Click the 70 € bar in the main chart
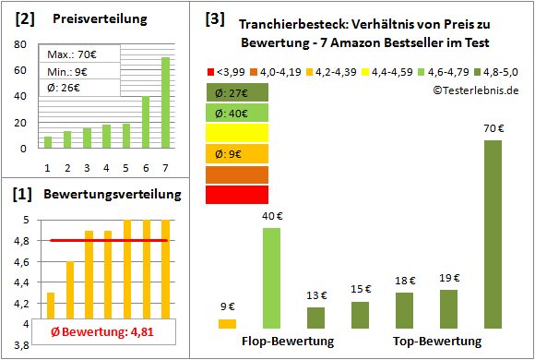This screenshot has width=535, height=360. [493, 234]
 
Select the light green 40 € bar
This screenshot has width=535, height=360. [271, 278]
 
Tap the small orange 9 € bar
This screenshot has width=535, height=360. [227, 323]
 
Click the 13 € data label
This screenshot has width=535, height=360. [315, 295]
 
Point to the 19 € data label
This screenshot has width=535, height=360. [448, 278]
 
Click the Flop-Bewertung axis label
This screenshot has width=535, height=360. [288, 342]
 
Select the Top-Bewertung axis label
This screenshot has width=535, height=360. [437, 342]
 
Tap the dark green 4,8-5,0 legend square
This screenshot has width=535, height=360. [478, 70]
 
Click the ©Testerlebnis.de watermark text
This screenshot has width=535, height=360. [474, 90]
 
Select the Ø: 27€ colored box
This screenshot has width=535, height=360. [237, 92]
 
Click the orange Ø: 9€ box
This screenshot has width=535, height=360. [237, 153]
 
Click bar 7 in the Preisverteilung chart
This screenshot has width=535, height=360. [165, 102]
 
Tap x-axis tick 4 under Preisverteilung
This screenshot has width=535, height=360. [106, 167]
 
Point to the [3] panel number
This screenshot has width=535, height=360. [215, 18]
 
